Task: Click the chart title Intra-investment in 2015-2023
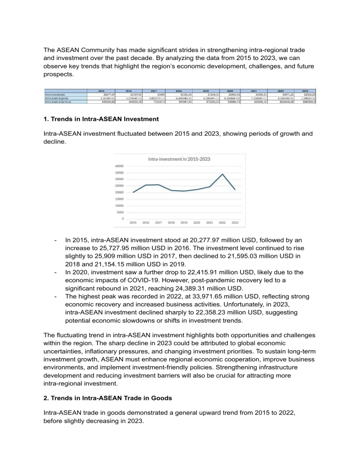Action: tap(179, 159)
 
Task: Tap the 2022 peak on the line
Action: tap(223, 174)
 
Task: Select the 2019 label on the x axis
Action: tap(185, 223)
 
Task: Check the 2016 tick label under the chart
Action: tap(146, 223)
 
